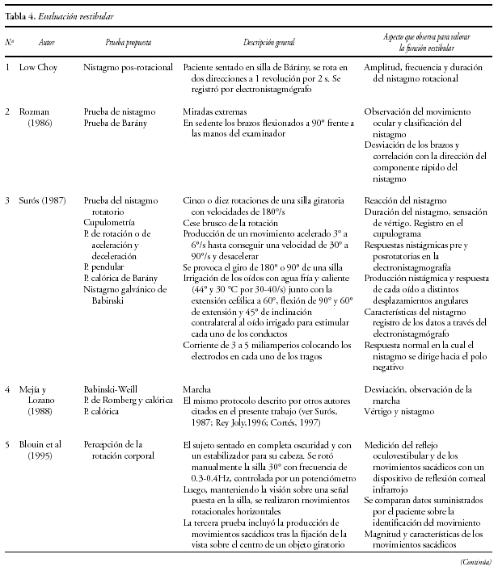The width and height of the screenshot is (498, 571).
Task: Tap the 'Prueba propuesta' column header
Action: point(128,42)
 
